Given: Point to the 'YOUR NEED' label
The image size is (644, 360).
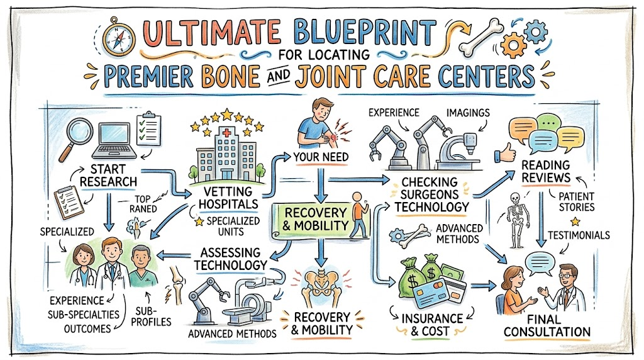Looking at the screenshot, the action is click(321, 157).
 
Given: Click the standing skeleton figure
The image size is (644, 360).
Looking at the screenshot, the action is click(515, 220).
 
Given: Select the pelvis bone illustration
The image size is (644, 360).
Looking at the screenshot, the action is click(322, 286).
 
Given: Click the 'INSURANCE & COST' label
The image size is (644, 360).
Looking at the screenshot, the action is click(431, 325).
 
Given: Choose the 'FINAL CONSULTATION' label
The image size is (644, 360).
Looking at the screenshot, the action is click(547, 325).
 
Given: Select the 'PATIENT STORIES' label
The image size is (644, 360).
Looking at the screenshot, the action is click(576, 202).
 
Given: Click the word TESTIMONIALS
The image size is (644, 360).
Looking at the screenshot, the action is click(579, 235).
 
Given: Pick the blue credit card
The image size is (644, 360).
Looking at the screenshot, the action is click(430, 293).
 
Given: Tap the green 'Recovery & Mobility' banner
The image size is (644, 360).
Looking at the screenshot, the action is click(316, 219).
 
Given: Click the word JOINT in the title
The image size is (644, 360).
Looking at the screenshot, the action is click(330, 76).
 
